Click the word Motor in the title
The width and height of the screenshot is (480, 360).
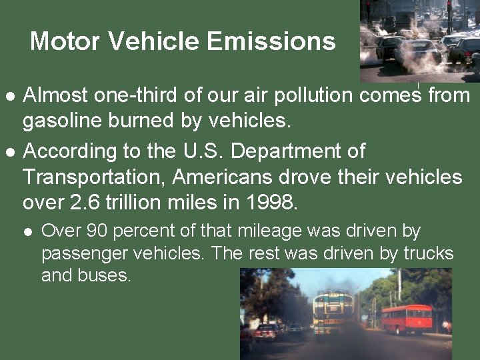[x=65, y=41]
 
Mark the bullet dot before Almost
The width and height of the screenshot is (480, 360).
[x=9, y=96]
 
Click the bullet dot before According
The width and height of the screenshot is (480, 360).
[x=9, y=151]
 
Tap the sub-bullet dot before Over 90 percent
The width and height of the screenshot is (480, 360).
[x=27, y=232]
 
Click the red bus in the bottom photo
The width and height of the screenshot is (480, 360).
[x=407, y=318]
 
